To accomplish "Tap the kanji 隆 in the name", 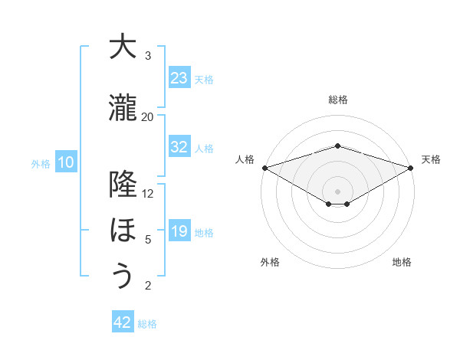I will (123, 185).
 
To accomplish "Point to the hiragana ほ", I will (123, 230).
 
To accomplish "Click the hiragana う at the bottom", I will (123, 276).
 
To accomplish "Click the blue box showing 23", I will (179, 78).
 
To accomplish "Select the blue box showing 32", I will (179, 147).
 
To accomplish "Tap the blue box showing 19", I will (179, 231).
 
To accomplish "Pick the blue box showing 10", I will (66, 162).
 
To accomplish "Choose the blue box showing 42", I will (123, 322).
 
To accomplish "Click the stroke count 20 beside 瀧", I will (148, 116).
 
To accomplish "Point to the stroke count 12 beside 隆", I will (148, 193).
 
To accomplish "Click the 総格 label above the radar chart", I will (338, 100).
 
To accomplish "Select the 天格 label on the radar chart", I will (431, 159).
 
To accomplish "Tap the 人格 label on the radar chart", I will (245, 159).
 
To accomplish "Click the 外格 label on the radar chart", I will (269, 262).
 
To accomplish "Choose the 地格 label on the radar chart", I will (402, 262).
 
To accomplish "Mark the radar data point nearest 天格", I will (411, 167).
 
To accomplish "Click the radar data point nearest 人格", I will (264, 167).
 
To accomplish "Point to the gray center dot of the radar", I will (338, 190).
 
